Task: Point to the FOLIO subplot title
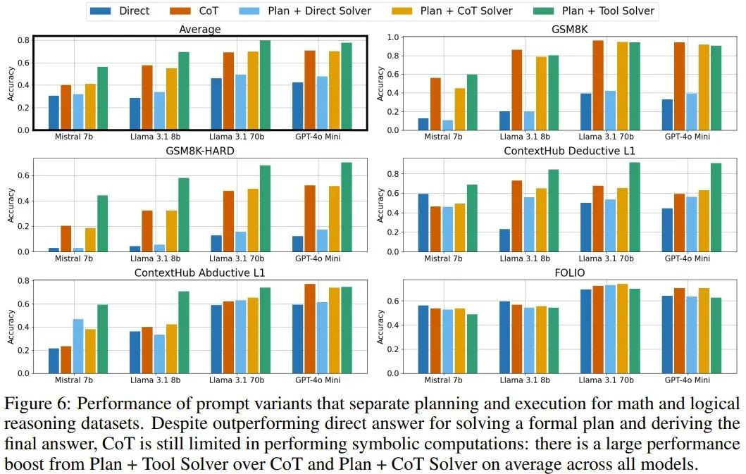pos(568,273)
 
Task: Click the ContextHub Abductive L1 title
pos(199,273)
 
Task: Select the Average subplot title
pos(199,30)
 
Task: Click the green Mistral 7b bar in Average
pos(102,98)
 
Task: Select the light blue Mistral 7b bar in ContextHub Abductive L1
pos(78,346)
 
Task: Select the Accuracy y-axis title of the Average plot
pos(11,83)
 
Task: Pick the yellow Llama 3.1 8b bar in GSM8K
pos(541,93)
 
